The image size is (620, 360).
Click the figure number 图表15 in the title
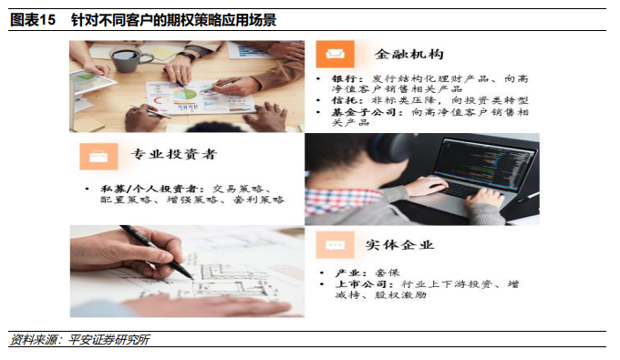(33, 20)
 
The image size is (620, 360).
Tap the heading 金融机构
(408, 54)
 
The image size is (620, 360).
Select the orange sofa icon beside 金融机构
(335, 54)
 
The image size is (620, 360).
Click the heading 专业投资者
(174, 154)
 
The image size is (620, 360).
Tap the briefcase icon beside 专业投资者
(98, 157)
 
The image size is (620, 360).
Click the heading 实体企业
(399, 245)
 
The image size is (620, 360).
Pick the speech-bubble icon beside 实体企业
(335, 245)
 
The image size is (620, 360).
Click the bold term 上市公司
(360, 283)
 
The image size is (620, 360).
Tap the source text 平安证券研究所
(108, 340)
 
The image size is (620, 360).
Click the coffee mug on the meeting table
(129, 59)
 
